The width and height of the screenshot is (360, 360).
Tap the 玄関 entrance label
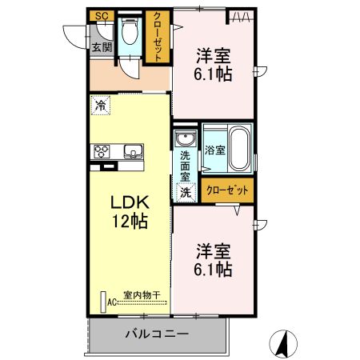[101, 47]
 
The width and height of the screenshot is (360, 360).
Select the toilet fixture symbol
[130, 35]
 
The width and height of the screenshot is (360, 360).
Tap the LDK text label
[128, 199]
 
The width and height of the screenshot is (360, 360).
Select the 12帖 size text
[129, 220]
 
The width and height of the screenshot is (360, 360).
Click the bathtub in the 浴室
[238, 148]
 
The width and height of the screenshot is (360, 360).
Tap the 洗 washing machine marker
[185, 192]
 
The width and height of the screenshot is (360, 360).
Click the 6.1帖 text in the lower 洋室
[214, 270]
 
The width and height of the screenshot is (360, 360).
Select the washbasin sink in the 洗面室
[184, 136]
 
